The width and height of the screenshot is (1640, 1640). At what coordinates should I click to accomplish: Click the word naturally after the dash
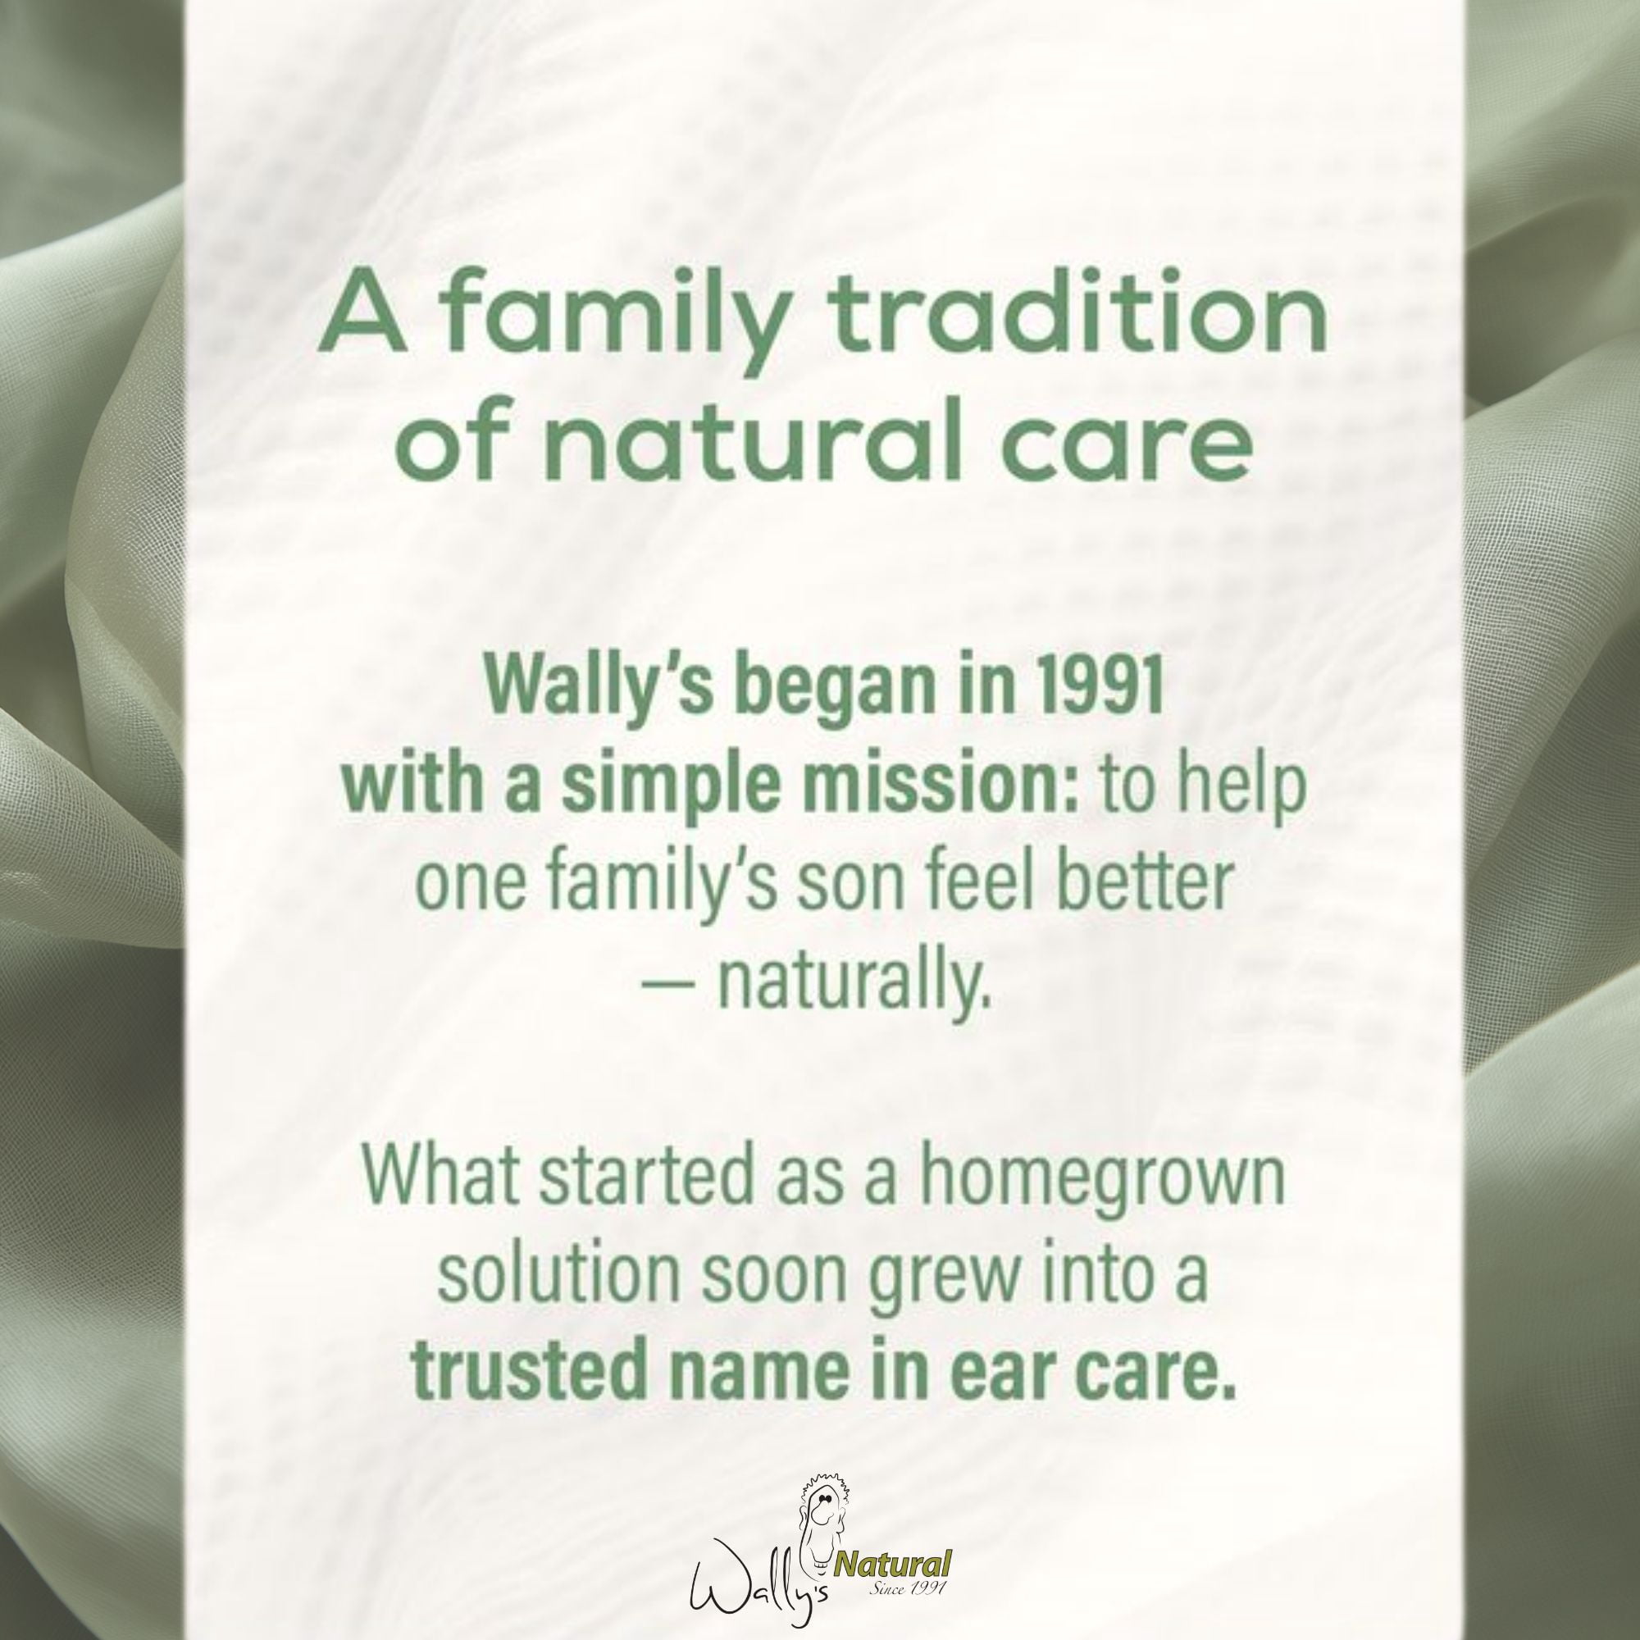pyautogui.click(x=854, y=982)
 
